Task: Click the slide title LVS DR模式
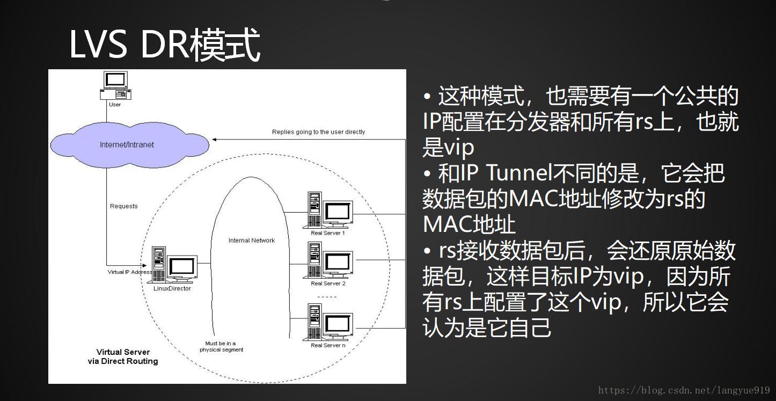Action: click(x=165, y=45)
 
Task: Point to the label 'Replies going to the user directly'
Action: click(x=318, y=132)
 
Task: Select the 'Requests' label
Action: click(x=123, y=206)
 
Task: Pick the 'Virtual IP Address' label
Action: click(x=129, y=272)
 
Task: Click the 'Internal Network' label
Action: click(x=251, y=240)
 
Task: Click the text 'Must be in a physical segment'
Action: click(x=221, y=346)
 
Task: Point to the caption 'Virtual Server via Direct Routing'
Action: click(x=123, y=356)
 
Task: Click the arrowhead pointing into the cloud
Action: click(x=215, y=140)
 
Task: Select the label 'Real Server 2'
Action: click(x=328, y=283)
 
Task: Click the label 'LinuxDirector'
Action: click(x=172, y=289)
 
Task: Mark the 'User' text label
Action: click(x=115, y=104)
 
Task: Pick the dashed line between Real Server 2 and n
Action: click(x=327, y=297)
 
